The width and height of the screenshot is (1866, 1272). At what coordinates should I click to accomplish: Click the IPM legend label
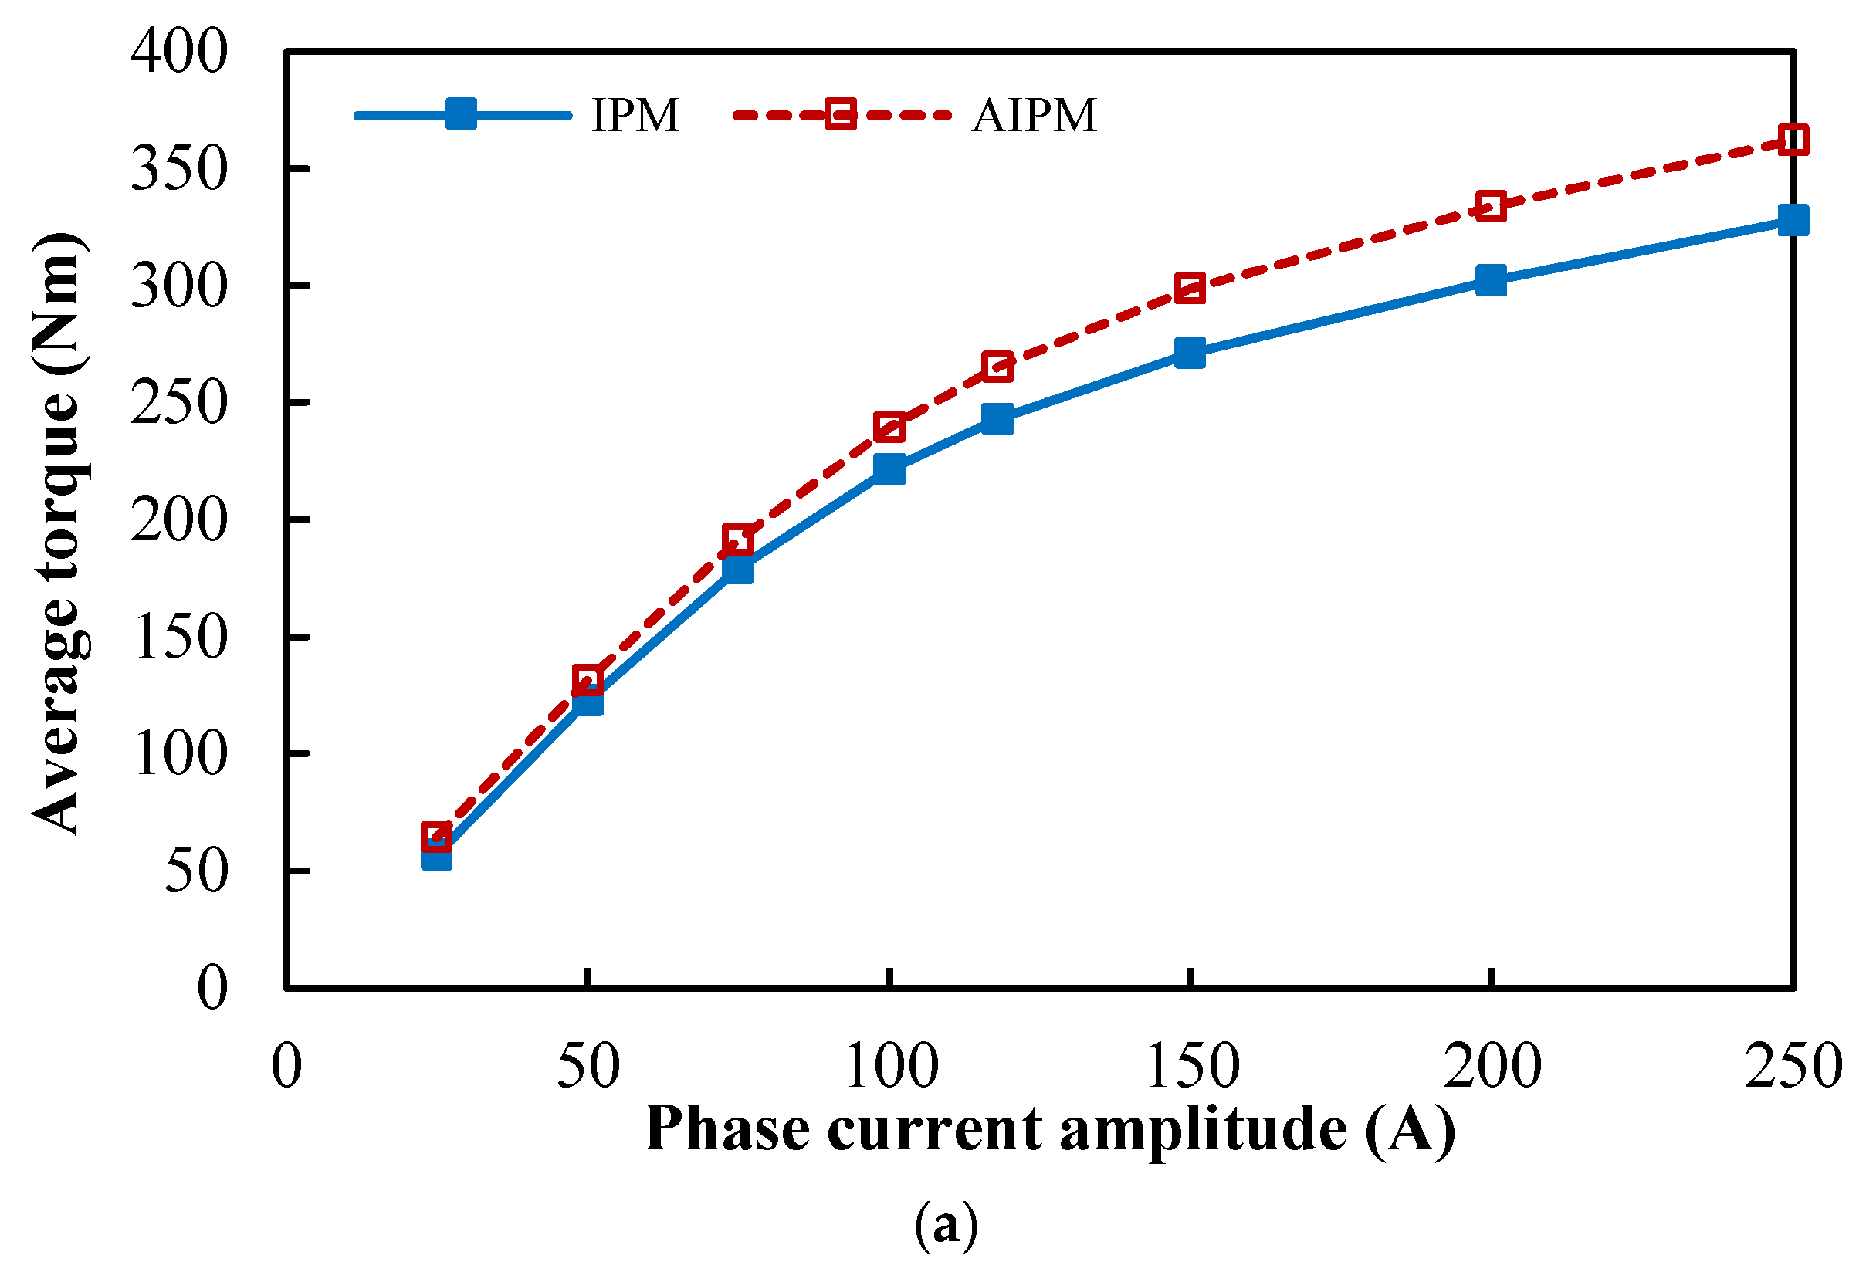(635, 115)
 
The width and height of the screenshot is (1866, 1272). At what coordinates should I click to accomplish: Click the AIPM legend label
(1034, 115)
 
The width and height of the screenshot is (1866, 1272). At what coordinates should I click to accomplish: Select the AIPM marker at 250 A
(1792, 140)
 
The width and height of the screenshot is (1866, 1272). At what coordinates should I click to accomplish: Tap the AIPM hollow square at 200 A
(1490, 206)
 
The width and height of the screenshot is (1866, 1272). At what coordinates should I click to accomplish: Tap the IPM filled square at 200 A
(1490, 280)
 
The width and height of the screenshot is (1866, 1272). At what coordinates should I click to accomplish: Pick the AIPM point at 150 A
(1189, 287)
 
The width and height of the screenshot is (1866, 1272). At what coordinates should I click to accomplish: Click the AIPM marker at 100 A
(889, 428)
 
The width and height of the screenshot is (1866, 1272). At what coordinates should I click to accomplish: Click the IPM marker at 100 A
(889, 469)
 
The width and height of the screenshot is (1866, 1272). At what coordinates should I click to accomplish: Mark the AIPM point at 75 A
(738, 540)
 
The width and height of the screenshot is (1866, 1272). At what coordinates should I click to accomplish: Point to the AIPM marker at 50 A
(588, 680)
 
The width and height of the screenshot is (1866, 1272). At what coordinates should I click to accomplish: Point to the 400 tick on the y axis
(179, 53)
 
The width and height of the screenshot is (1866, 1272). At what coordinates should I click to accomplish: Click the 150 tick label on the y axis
(179, 638)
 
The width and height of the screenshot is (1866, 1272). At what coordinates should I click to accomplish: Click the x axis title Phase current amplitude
(1048, 1129)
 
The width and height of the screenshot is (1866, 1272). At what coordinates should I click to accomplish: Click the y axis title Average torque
(58, 533)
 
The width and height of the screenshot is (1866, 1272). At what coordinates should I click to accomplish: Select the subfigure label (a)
(946, 1226)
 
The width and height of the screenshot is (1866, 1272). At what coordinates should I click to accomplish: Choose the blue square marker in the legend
(461, 114)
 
